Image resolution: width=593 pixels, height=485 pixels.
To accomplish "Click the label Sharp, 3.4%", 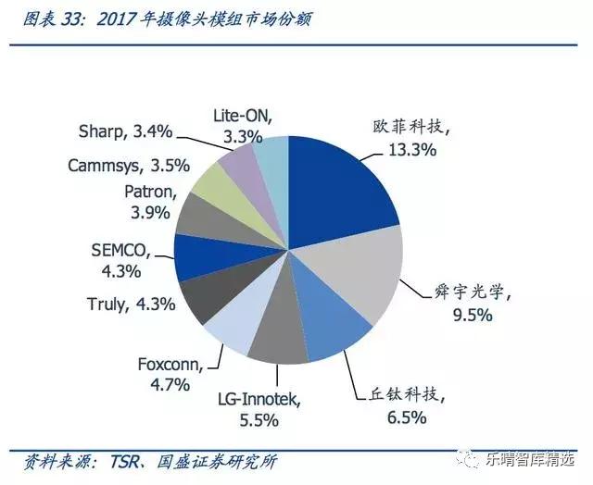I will [125, 131].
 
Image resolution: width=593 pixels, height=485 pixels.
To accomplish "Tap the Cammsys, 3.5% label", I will [129, 166].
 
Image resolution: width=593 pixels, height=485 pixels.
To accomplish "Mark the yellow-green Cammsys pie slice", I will [219, 186].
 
